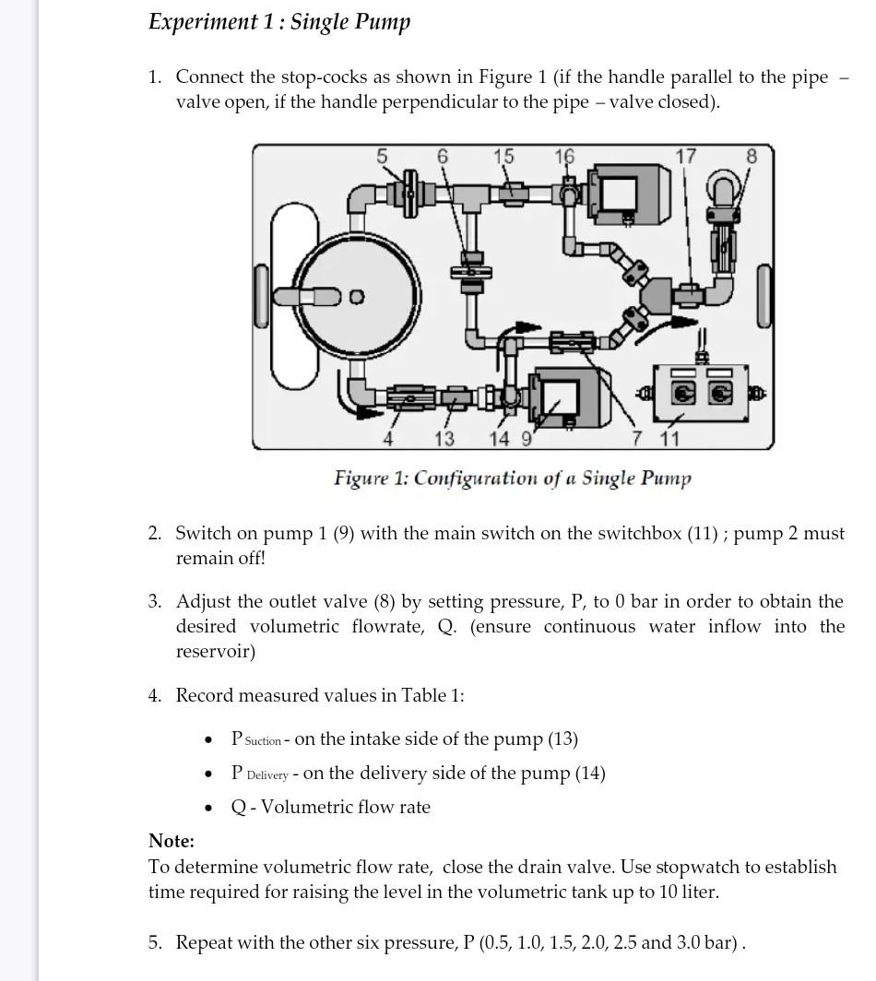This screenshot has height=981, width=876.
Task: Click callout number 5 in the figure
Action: click(x=382, y=157)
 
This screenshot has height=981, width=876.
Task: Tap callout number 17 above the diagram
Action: click(x=685, y=157)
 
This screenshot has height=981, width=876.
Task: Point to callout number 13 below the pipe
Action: click(x=444, y=438)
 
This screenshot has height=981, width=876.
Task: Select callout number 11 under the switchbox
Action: click(x=669, y=438)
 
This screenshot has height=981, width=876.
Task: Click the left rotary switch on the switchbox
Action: click(x=681, y=394)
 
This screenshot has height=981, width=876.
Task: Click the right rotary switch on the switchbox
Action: click(x=720, y=394)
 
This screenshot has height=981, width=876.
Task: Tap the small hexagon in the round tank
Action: click(x=357, y=297)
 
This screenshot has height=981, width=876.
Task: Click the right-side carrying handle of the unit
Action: click(x=764, y=296)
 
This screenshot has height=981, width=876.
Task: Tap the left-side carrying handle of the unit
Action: click(x=262, y=296)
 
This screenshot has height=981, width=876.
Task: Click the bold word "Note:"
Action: click(x=172, y=841)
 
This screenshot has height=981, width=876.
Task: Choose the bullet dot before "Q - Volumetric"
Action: click(x=209, y=809)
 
